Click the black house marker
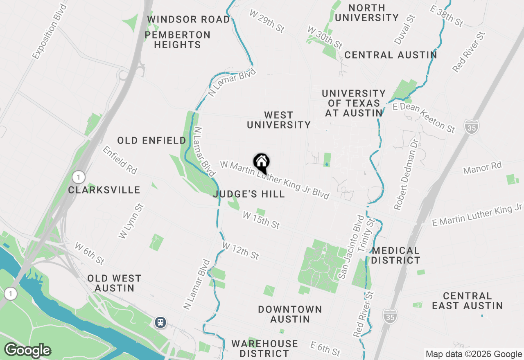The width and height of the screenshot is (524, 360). [261, 163]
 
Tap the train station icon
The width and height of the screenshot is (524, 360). [160, 322]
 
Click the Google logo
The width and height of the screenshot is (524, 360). [27, 350]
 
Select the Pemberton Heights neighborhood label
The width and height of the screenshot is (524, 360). [178, 40]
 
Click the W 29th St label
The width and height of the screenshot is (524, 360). [267, 21]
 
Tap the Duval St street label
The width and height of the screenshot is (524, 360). [405, 29]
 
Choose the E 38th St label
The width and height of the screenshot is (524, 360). [447, 16]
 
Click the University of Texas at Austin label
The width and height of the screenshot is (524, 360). [354, 103]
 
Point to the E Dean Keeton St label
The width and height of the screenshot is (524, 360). [423, 117]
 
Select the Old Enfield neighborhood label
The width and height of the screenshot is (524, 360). [151, 141]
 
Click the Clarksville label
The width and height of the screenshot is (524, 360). [104, 190]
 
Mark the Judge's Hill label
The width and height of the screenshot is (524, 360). [249, 194]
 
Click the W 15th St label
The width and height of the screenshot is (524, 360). [261, 220]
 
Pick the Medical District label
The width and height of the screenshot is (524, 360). [396, 255]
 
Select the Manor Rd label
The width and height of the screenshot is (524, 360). [482, 168]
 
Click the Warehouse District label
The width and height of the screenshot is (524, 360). [264, 349]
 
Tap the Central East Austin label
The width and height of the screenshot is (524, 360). [467, 301]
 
